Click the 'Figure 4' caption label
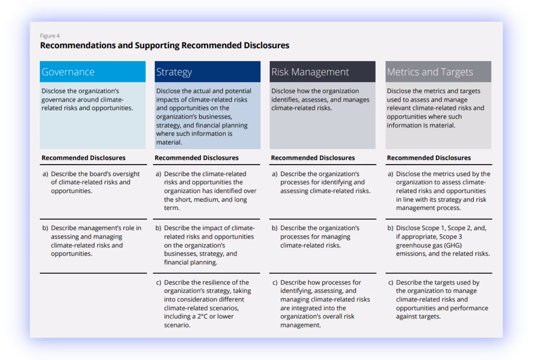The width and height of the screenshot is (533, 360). [x=50, y=36]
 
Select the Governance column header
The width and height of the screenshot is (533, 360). [x=93, y=72]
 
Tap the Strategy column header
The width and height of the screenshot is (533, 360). [x=207, y=72]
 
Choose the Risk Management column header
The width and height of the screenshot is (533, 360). [x=322, y=72]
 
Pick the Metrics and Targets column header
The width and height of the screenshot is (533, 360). [x=438, y=72]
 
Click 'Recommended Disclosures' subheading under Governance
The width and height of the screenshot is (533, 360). [x=83, y=158]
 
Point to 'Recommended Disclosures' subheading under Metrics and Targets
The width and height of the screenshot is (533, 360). [x=429, y=158]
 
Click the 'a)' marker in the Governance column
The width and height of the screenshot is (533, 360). [x=45, y=174]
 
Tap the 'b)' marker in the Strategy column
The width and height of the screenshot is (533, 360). [x=158, y=228]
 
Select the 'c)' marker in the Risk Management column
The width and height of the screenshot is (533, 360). [x=275, y=283]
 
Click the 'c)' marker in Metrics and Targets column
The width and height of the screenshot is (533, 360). [x=390, y=283]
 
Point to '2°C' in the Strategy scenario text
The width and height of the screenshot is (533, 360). [x=202, y=316]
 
